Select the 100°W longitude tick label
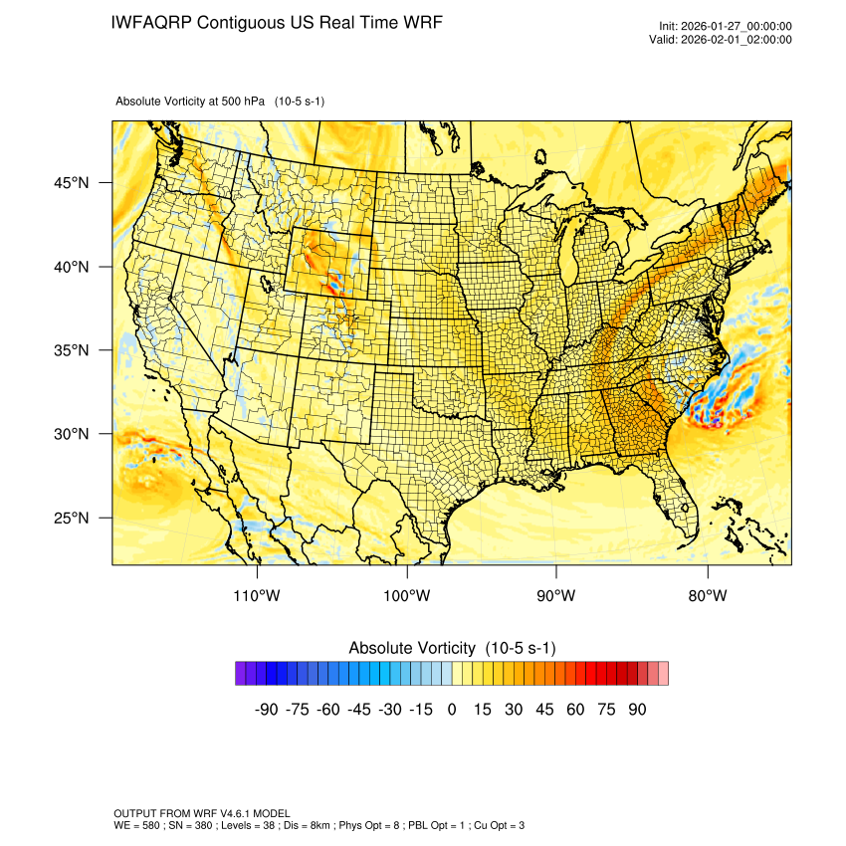(x=407, y=596)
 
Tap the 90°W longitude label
(x=556, y=596)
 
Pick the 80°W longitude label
(x=708, y=596)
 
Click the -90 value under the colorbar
(x=266, y=710)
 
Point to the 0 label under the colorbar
(x=452, y=710)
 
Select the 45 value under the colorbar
(x=544, y=710)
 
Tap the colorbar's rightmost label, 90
(x=637, y=710)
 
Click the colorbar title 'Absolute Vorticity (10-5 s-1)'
(x=452, y=648)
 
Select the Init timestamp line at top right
(x=726, y=26)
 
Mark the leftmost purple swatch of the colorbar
(x=241, y=674)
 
